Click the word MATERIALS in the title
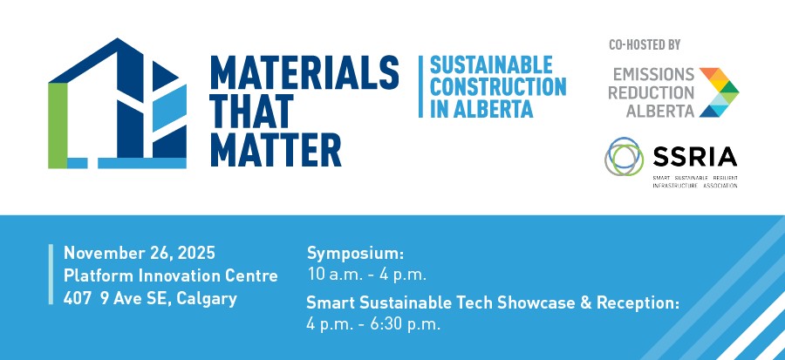point(304,71)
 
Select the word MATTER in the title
point(276,151)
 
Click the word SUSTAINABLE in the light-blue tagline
point(492,65)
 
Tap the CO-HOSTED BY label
point(645,44)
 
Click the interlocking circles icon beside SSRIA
point(626,158)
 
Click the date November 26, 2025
point(139,254)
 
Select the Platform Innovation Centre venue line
point(171,276)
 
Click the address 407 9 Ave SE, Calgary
point(150,299)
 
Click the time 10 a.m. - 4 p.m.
point(366,275)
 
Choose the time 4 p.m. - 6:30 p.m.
point(374,324)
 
